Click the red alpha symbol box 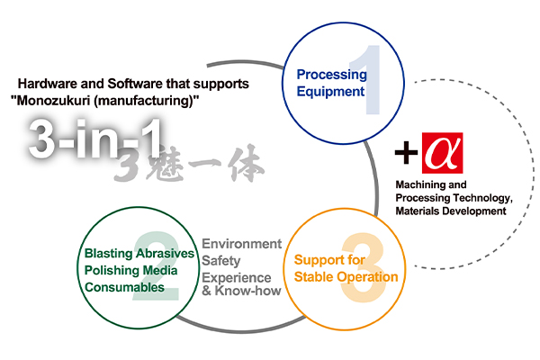[441, 155]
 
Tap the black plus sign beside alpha [407, 155]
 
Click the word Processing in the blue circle [331, 74]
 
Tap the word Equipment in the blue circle [331, 91]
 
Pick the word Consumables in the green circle [124, 288]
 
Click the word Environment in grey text [242, 244]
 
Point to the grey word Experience [236, 275]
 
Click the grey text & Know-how [241, 291]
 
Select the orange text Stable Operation [346, 276]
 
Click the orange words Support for [329, 259]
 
